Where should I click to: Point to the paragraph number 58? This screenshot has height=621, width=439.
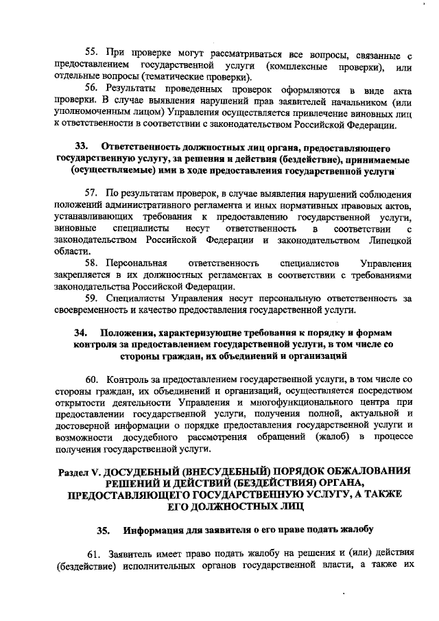(92, 262)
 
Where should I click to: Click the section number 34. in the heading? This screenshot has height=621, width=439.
(82, 333)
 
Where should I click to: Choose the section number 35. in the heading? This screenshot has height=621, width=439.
(103, 530)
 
